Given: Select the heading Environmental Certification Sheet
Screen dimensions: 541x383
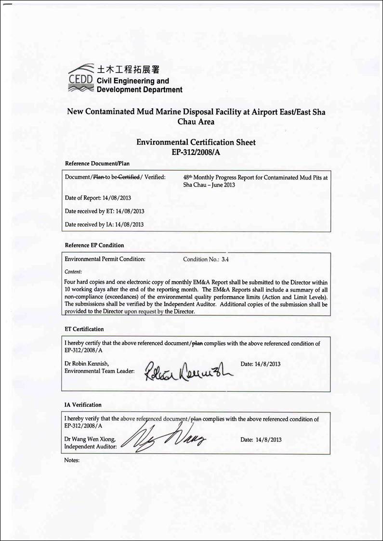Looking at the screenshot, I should [196, 142].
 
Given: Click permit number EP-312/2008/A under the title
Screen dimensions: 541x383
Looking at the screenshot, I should [196, 152].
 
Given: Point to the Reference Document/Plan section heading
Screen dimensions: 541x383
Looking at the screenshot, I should [97, 164].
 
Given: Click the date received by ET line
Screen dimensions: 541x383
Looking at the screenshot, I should [105, 211].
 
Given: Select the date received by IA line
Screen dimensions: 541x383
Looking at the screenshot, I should [105, 224].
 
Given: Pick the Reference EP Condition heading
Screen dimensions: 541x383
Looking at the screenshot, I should [94, 245].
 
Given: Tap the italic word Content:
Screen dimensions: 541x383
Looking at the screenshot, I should [73, 271].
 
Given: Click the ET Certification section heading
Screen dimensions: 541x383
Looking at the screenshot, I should [84, 329].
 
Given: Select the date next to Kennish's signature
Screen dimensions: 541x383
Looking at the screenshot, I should [260, 364].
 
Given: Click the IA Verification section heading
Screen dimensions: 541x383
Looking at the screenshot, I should [83, 405].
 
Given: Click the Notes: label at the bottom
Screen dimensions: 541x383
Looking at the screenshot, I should [72, 460].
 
